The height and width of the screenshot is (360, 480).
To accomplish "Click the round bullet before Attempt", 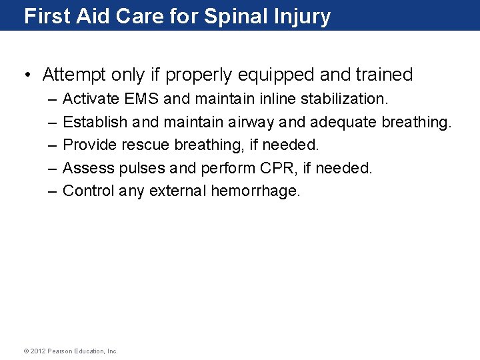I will pyautogui.click(x=28, y=75).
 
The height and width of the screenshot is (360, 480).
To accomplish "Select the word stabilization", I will pyautogui.click(x=343, y=99).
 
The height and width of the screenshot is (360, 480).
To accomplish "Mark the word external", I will pyautogui.click(x=178, y=191).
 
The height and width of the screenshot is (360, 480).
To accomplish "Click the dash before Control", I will pyautogui.click(x=53, y=191).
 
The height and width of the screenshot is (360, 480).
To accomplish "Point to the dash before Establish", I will pyautogui.click(x=53, y=122).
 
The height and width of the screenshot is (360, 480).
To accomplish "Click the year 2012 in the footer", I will pyautogui.click(x=37, y=351).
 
